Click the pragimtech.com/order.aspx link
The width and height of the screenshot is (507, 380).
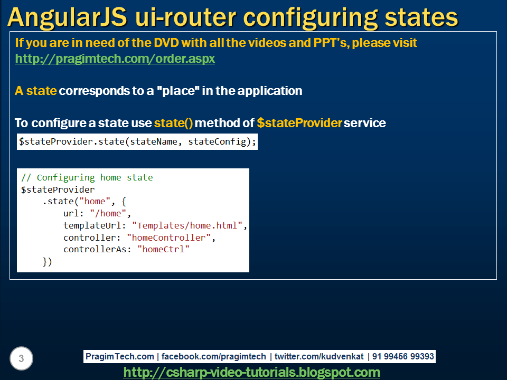point(115,59)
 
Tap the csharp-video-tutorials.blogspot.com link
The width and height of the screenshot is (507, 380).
point(251,372)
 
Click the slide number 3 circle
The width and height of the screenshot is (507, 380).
point(21,359)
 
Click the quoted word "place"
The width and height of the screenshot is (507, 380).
point(174,91)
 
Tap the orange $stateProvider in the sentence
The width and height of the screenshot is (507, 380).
point(298,123)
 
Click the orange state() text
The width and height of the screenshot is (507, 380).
point(173,123)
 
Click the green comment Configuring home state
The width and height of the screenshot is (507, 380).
point(95,177)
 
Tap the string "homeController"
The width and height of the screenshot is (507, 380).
point(169,237)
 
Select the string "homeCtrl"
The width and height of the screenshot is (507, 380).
point(163,249)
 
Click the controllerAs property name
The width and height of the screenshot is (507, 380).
point(98,249)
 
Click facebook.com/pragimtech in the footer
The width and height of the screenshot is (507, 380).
point(214,357)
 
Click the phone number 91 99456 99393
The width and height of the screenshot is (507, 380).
point(403,357)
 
